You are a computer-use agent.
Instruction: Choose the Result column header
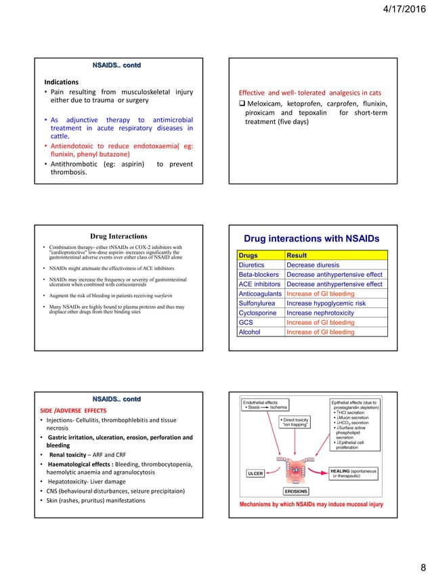[x=299, y=255]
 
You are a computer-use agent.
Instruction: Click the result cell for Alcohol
[x=320, y=332]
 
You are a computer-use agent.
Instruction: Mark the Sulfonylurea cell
[x=256, y=304]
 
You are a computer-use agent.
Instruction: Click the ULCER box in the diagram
[x=254, y=473]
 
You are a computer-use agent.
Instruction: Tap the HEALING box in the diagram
[x=353, y=473]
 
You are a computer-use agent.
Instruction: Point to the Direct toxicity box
[x=293, y=424]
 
